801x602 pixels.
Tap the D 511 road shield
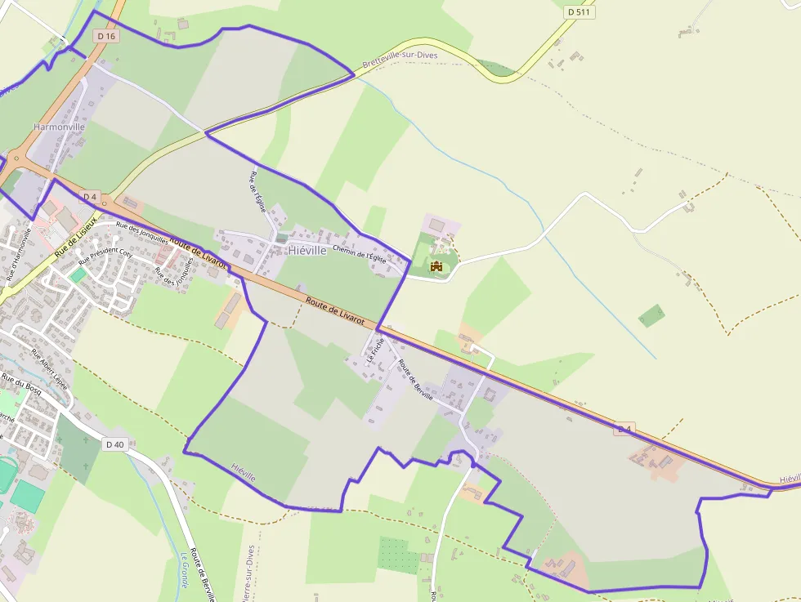[580, 12]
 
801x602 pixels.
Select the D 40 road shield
[115, 444]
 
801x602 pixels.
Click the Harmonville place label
[59, 127]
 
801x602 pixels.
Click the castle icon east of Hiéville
[436, 265]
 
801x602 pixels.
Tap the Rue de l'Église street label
[257, 191]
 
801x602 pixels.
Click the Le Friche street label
[374, 350]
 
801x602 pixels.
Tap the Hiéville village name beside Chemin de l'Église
[307, 251]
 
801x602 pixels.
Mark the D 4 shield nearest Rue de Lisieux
[89, 197]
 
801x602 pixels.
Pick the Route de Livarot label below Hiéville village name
[335, 312]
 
